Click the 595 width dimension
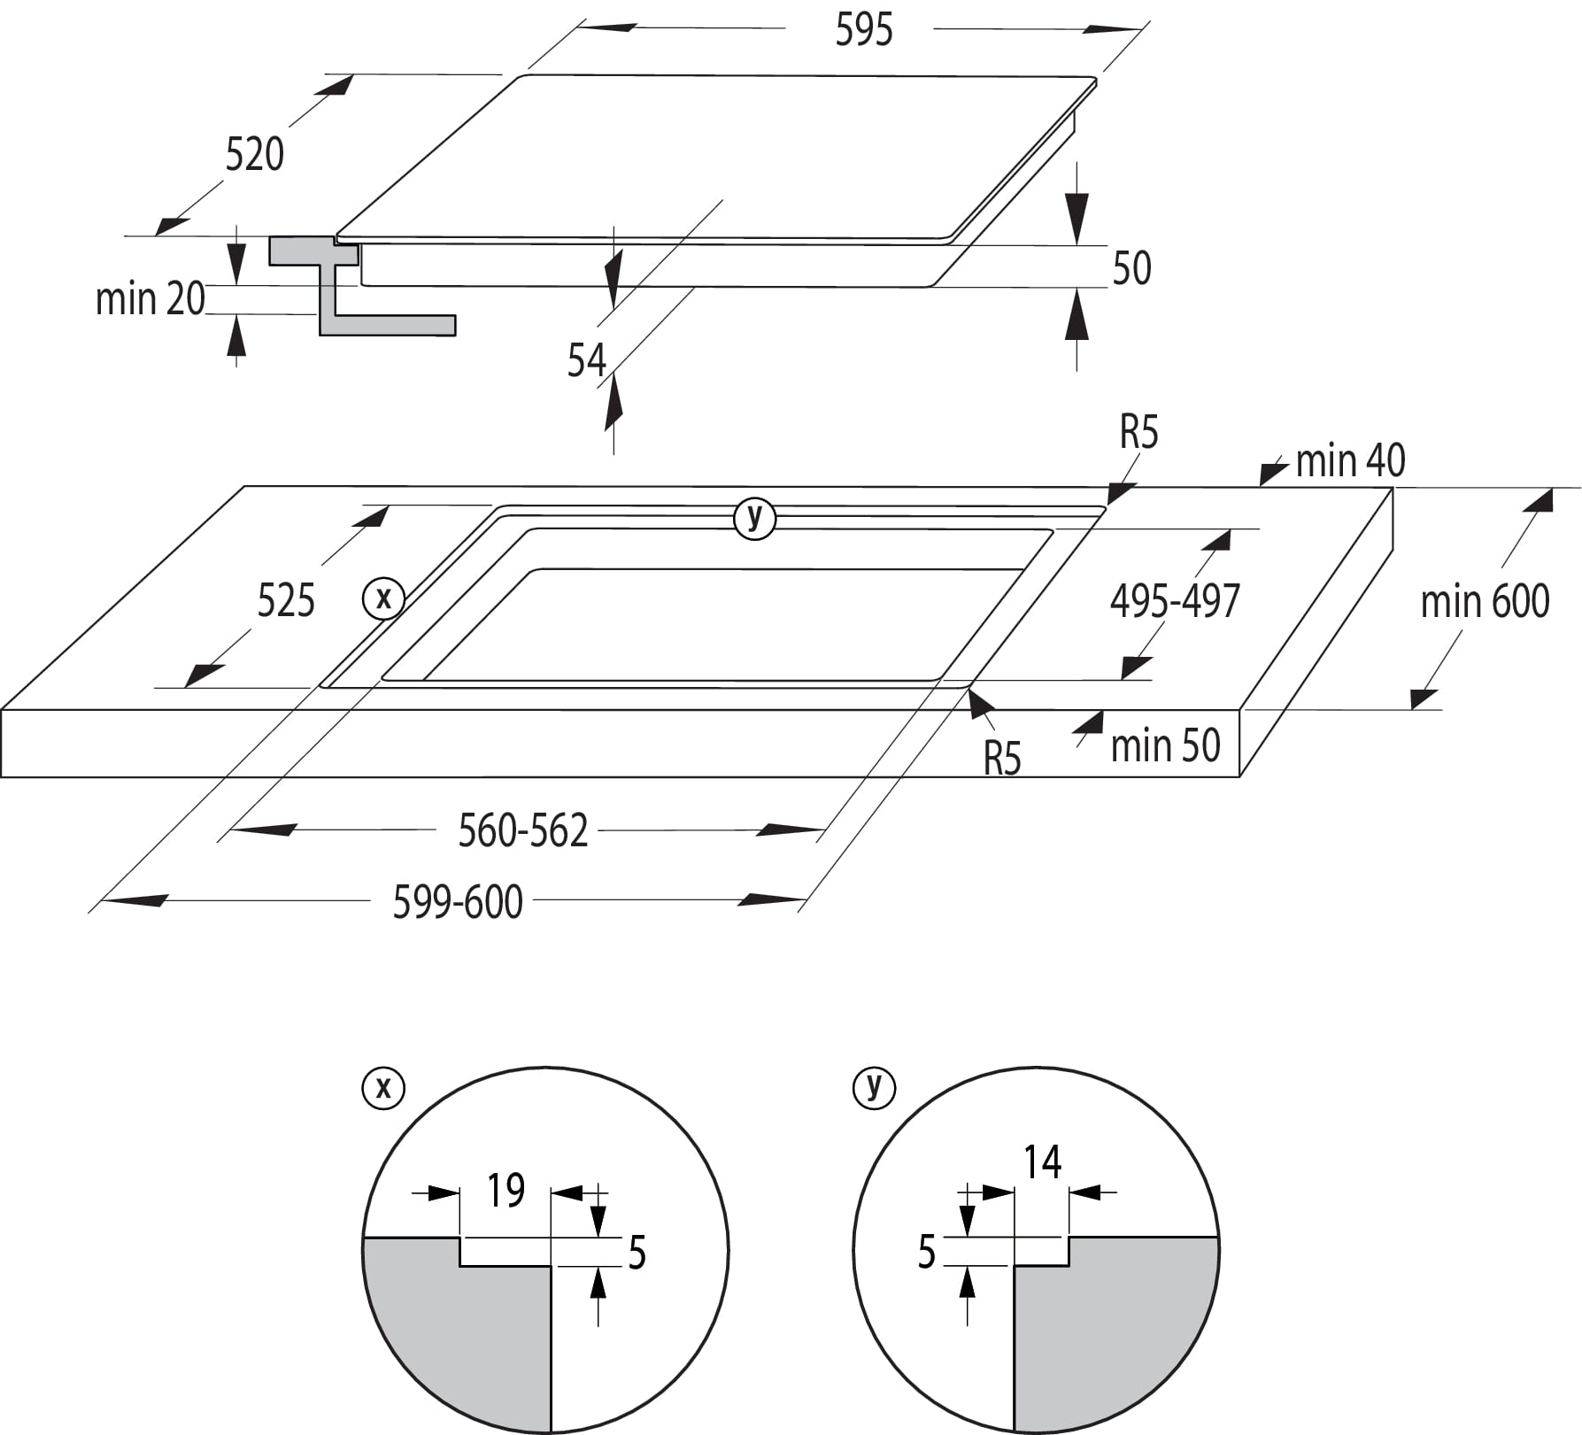click(x=863, y=30)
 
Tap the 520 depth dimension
click(x=254, y=155)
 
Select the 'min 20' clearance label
click(x=150, y=299)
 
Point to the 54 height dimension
click(x=586, y=361)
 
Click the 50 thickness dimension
click(x=1131, y=268)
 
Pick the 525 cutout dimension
click(x=286, y=601)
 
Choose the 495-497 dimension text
click(x=1175, y=602)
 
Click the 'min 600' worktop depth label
click(x=1485, y=602)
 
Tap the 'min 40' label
click(x=1350, y=461)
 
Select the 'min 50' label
click(x=1165, y=746)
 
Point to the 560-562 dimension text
click(x=522, y=831)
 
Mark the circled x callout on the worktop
click(x=383, y=598)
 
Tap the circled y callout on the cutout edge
click(x=754, y=517)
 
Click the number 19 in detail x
click(x=505, y=1191)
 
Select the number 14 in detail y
click(x=1042, y=1162)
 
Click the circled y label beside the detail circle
click(x=874, y=1087)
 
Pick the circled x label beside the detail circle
click(x=383, y=1087)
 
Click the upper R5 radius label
click(x=1138, y=433)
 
